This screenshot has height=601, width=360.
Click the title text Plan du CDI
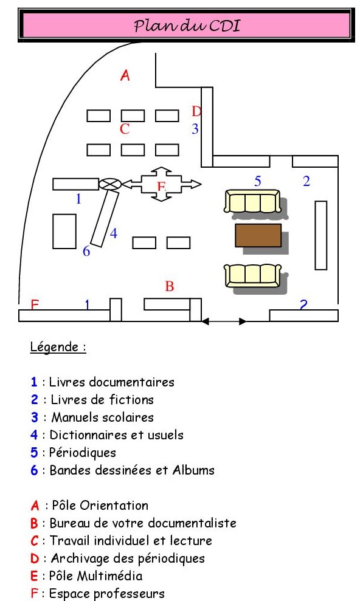(187, 26)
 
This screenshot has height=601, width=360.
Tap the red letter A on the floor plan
(125, 75)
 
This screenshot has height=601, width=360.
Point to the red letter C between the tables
(125, 129)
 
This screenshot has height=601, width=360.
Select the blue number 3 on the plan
(195, 128)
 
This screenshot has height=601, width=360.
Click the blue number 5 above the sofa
(258, 181)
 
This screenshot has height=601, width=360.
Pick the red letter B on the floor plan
(170, 286)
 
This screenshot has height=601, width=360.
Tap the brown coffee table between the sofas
(258, 235)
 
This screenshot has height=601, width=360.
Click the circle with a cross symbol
(110, 184)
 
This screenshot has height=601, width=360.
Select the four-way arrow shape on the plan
(161, 184)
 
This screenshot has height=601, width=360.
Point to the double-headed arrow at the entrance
(224, 321)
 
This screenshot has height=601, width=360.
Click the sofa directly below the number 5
(252, 201)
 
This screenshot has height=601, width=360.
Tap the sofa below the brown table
(252, 275)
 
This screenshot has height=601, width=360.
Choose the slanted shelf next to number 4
(105, 219)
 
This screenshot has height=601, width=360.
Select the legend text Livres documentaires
(111, 382)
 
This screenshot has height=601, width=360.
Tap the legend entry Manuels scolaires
(102, 417)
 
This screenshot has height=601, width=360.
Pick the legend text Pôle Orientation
(100, 506)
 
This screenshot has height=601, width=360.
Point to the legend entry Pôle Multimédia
(96, 576)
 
